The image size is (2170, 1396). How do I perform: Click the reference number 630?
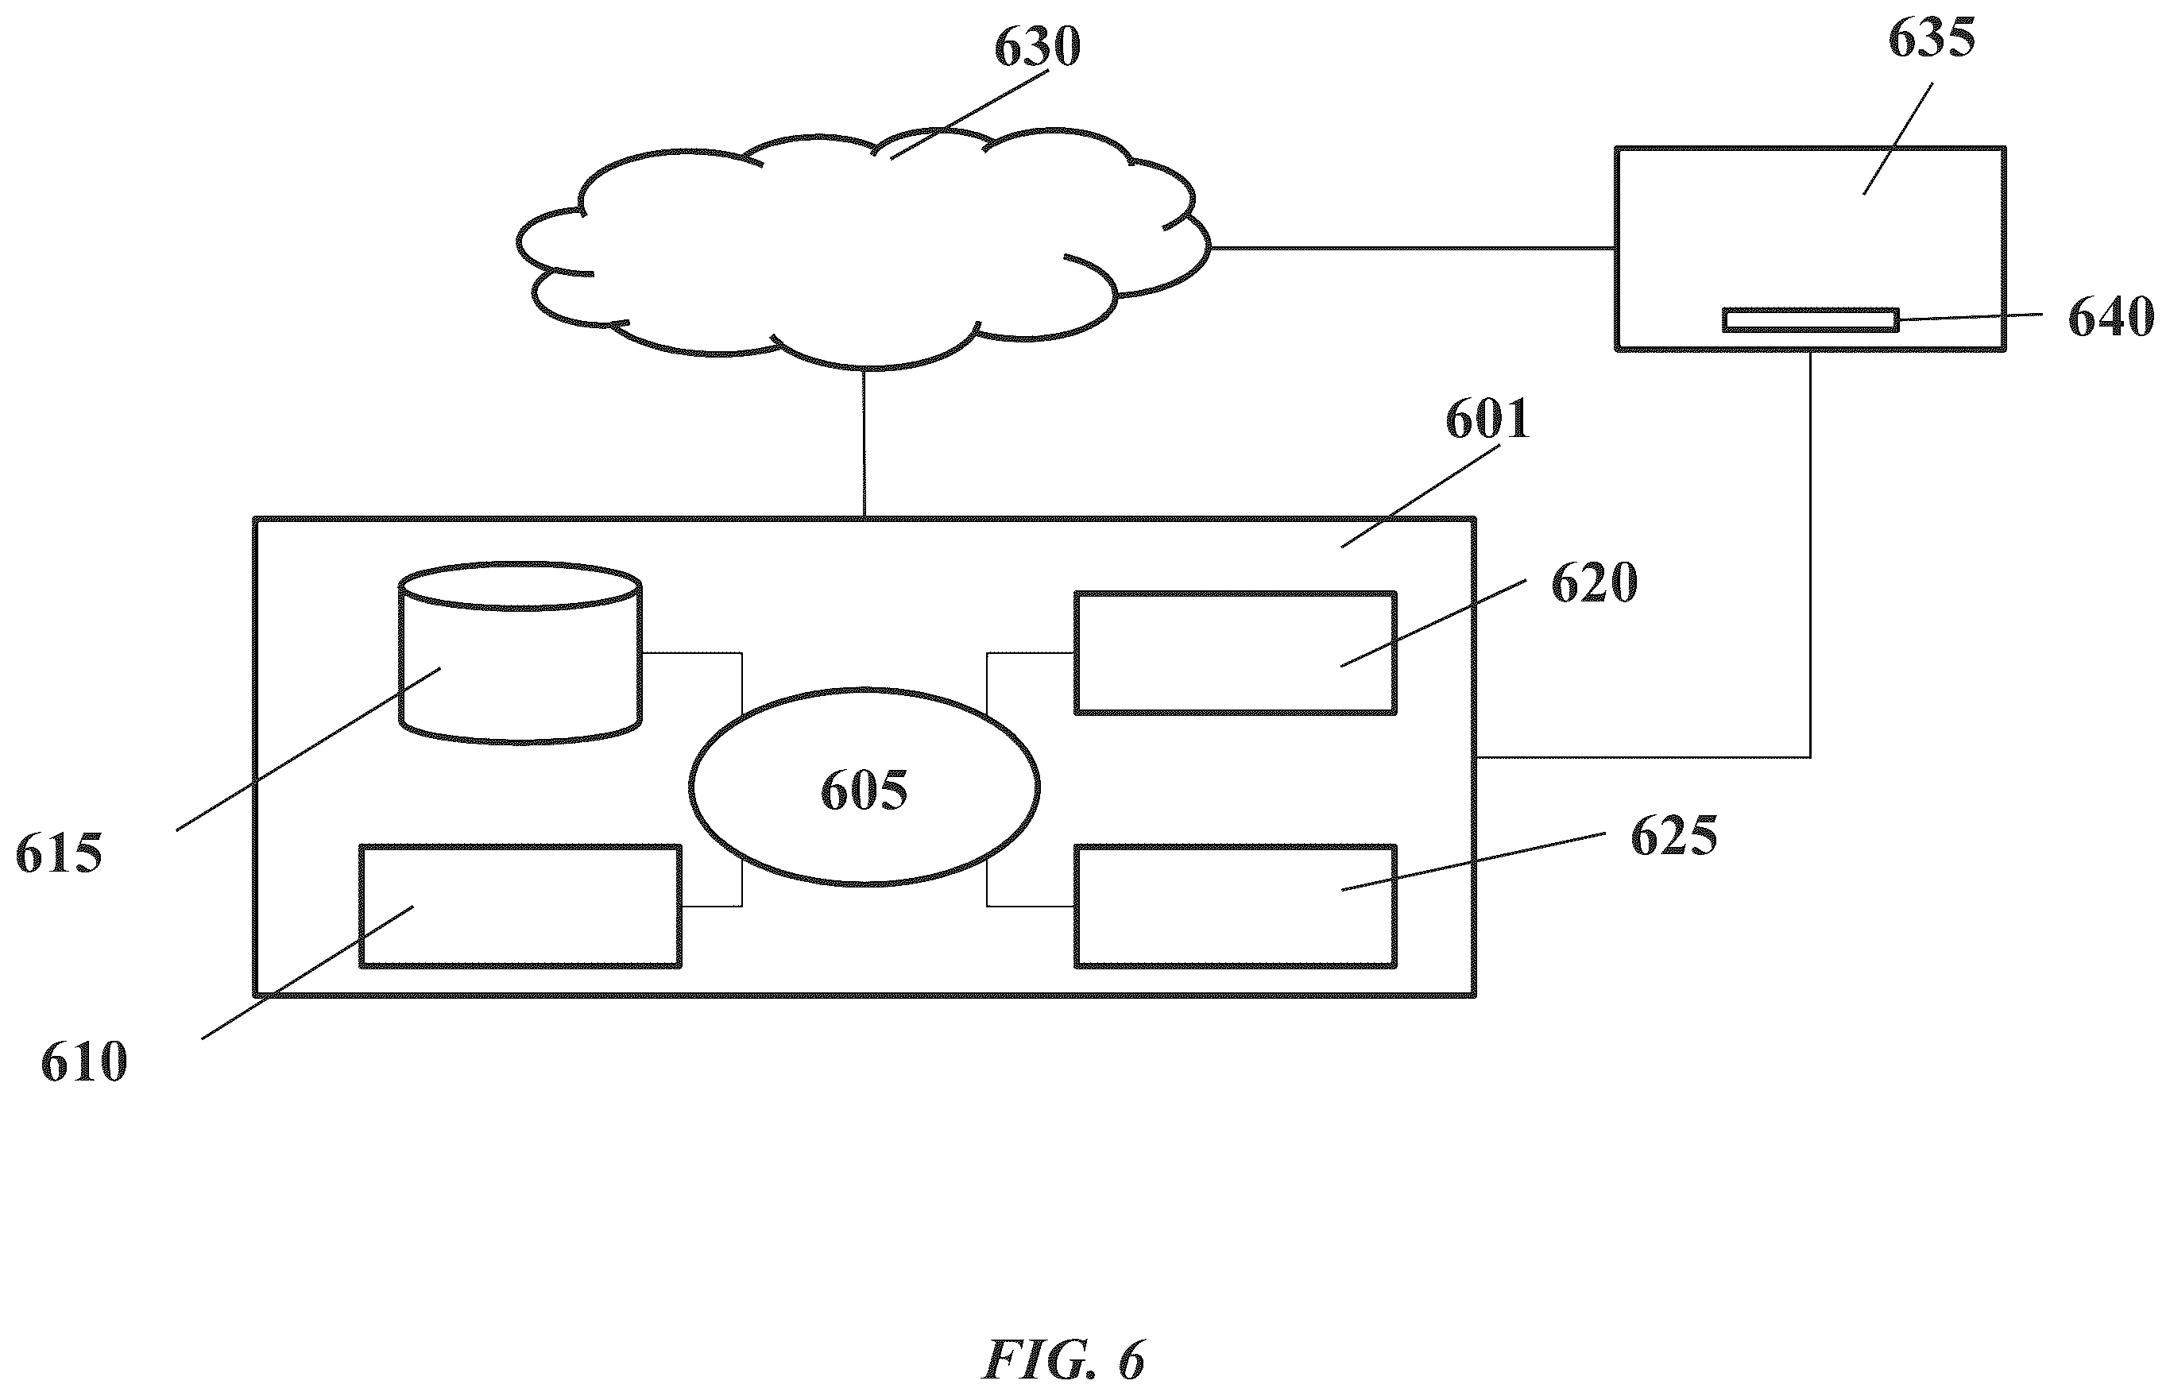1037,46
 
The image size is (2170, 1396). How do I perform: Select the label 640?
2111,316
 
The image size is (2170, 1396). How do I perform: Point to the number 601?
1487,419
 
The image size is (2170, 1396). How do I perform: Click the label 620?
1595,583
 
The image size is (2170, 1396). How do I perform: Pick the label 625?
1673,836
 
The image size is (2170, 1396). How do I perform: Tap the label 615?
59,854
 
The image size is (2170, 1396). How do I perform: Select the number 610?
84,1062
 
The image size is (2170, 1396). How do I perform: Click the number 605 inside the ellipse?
864,790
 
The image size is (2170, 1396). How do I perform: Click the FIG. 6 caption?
1064,1359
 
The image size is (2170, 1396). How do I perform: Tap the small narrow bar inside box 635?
1810,320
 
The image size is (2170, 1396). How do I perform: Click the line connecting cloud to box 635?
1412,247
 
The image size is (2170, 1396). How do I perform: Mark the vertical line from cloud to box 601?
864,443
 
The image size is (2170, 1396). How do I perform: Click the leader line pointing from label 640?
1971,316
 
